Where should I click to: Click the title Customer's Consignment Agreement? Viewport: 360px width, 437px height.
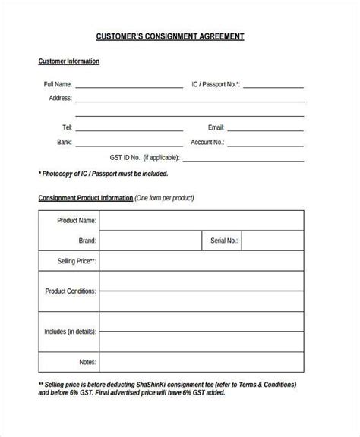[180, 36]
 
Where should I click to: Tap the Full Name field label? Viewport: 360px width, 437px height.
[58, 84]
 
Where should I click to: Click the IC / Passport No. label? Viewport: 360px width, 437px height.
[216, 84]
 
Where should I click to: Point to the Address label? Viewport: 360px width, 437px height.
[60, 98]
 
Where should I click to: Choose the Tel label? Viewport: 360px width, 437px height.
[67, 127]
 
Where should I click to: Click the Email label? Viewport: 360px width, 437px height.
[216, 127]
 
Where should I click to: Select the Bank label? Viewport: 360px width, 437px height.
[64, 142]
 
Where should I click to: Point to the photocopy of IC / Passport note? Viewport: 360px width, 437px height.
[103, 173]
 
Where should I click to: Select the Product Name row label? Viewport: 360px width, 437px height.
[77, 221]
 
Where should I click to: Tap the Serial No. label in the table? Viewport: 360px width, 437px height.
[220, 241]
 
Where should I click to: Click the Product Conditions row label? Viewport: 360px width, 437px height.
[71, 291]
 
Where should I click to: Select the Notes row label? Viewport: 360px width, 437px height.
[87, 362]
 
